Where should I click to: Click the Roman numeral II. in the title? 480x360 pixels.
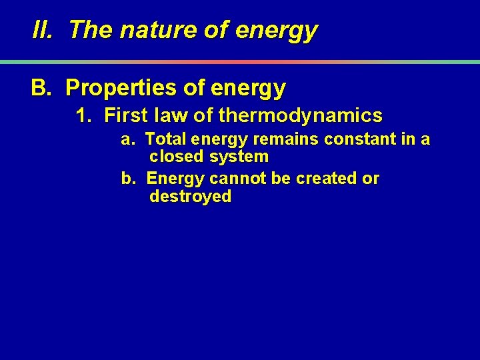tap(43, 30)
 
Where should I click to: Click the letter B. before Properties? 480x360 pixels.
tap(41, 87)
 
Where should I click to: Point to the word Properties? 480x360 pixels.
tap(127, 88)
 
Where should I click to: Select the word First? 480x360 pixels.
tap(126, 116)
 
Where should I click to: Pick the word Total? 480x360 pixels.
tap(165, 139)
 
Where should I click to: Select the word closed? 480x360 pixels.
tap(177, 157)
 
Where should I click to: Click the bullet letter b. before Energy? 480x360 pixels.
tap(127, 179)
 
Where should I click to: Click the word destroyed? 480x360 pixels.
tap(191, 197)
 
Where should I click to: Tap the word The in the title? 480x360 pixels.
tap(87, 30)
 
